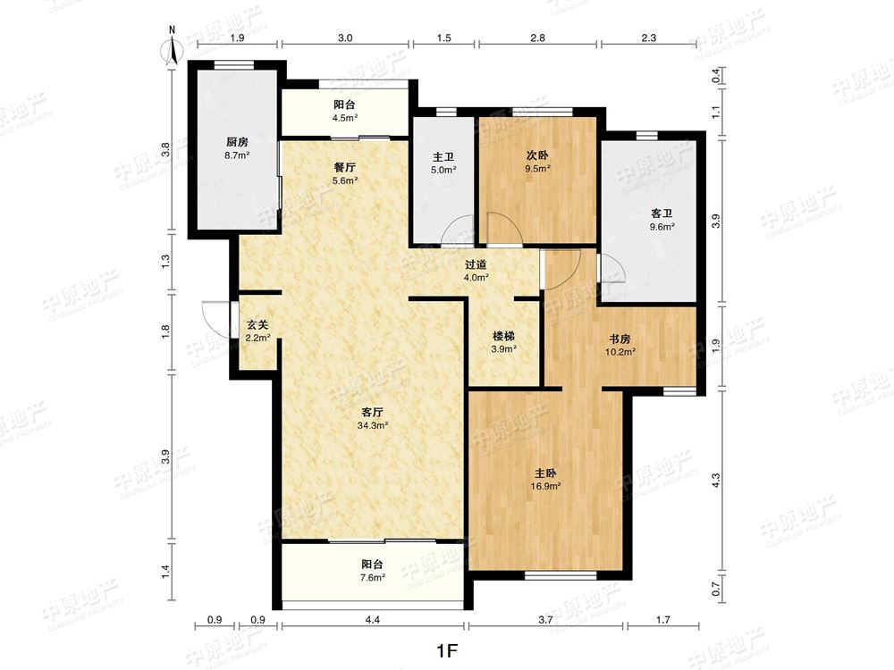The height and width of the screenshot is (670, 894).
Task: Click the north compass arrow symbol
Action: [173, 49]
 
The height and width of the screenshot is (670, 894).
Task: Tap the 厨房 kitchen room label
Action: [237, 142]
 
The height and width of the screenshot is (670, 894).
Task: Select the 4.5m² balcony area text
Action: [345, 118]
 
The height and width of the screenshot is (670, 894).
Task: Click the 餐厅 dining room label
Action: [345, 168]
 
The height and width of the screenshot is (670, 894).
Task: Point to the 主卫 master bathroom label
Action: [443, 156]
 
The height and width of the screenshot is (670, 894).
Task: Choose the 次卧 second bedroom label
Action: [537, 155]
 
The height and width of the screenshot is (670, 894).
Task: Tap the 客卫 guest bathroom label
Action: [662, 214]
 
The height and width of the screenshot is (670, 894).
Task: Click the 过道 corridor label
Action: [476, 264]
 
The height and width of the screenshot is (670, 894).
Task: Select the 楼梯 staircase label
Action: [503, 336]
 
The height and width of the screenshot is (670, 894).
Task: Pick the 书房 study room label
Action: [620, 339]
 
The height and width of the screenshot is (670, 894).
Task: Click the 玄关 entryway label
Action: [257, 325]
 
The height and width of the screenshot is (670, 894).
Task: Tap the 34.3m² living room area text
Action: [372, 425]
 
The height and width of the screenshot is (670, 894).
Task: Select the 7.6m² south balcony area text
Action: [372, 577]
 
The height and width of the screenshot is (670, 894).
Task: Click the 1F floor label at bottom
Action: [447, 650]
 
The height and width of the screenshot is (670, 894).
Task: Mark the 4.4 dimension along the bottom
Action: [372, 620]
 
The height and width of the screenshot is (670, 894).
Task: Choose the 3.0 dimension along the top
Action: [345, 38]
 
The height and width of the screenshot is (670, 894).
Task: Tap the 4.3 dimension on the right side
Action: [716, 480]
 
